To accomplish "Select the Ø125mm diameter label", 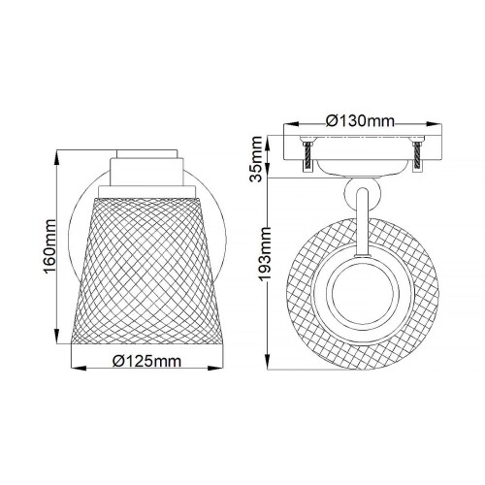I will click(x=147, y=362).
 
